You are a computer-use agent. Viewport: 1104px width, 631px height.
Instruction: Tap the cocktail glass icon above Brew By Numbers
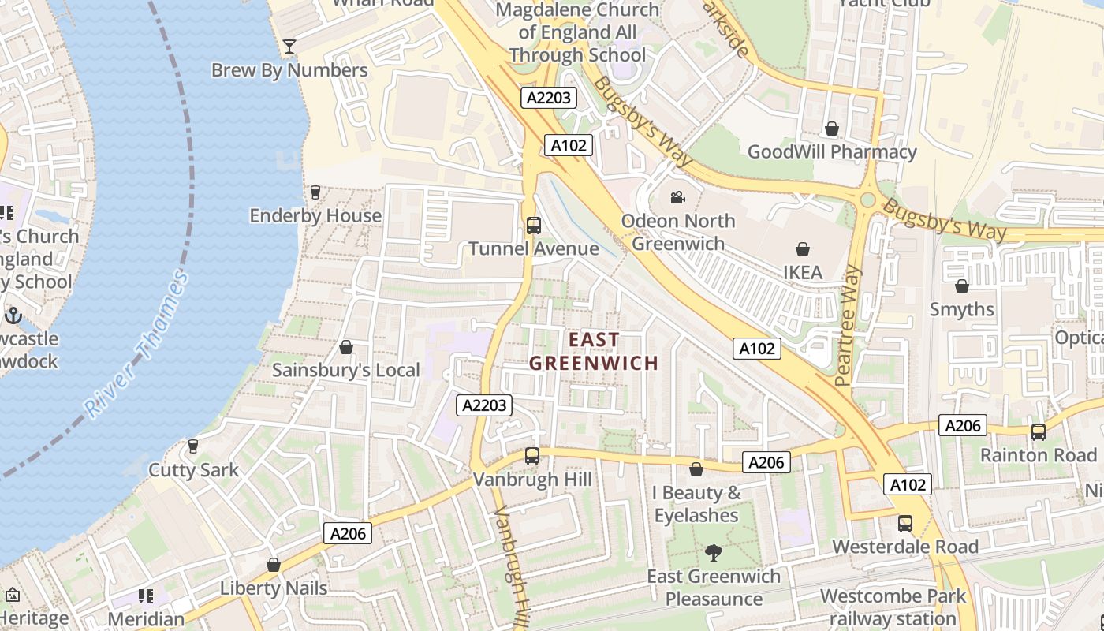click(289, 47)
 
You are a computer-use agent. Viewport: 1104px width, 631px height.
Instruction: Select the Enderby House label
click(315, 215)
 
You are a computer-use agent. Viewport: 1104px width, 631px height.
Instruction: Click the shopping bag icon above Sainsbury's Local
click(345, 347)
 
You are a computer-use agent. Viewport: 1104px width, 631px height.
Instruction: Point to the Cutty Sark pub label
click(193, 470)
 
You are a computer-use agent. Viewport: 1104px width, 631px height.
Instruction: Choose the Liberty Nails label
click(273, 588)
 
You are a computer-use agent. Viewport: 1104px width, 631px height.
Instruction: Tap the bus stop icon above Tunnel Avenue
click(534, 226)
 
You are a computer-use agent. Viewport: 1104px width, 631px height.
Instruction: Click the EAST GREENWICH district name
click(594, 351)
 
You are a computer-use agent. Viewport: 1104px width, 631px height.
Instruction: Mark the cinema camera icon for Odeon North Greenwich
click(677, 197)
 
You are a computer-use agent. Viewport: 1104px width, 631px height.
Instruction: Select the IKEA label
click(802, 272)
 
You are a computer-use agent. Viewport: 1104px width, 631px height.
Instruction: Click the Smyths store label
click(961, 309)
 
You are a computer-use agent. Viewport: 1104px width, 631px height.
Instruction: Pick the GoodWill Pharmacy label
click(832, 151)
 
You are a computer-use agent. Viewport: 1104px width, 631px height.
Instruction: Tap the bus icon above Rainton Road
click(1038, 432)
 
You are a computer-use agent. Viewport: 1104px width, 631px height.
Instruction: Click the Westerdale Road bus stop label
click(905, 547)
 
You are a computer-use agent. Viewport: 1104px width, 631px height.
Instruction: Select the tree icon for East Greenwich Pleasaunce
click(714, 553)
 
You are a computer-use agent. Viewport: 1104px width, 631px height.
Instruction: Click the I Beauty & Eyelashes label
click(696, 504)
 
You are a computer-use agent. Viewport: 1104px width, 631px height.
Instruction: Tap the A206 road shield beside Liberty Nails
click(348, 534)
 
